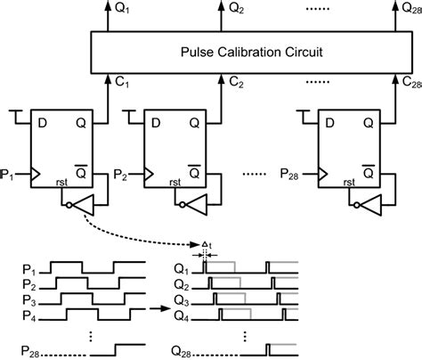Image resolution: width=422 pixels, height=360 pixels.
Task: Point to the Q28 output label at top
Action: click(405, 9)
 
